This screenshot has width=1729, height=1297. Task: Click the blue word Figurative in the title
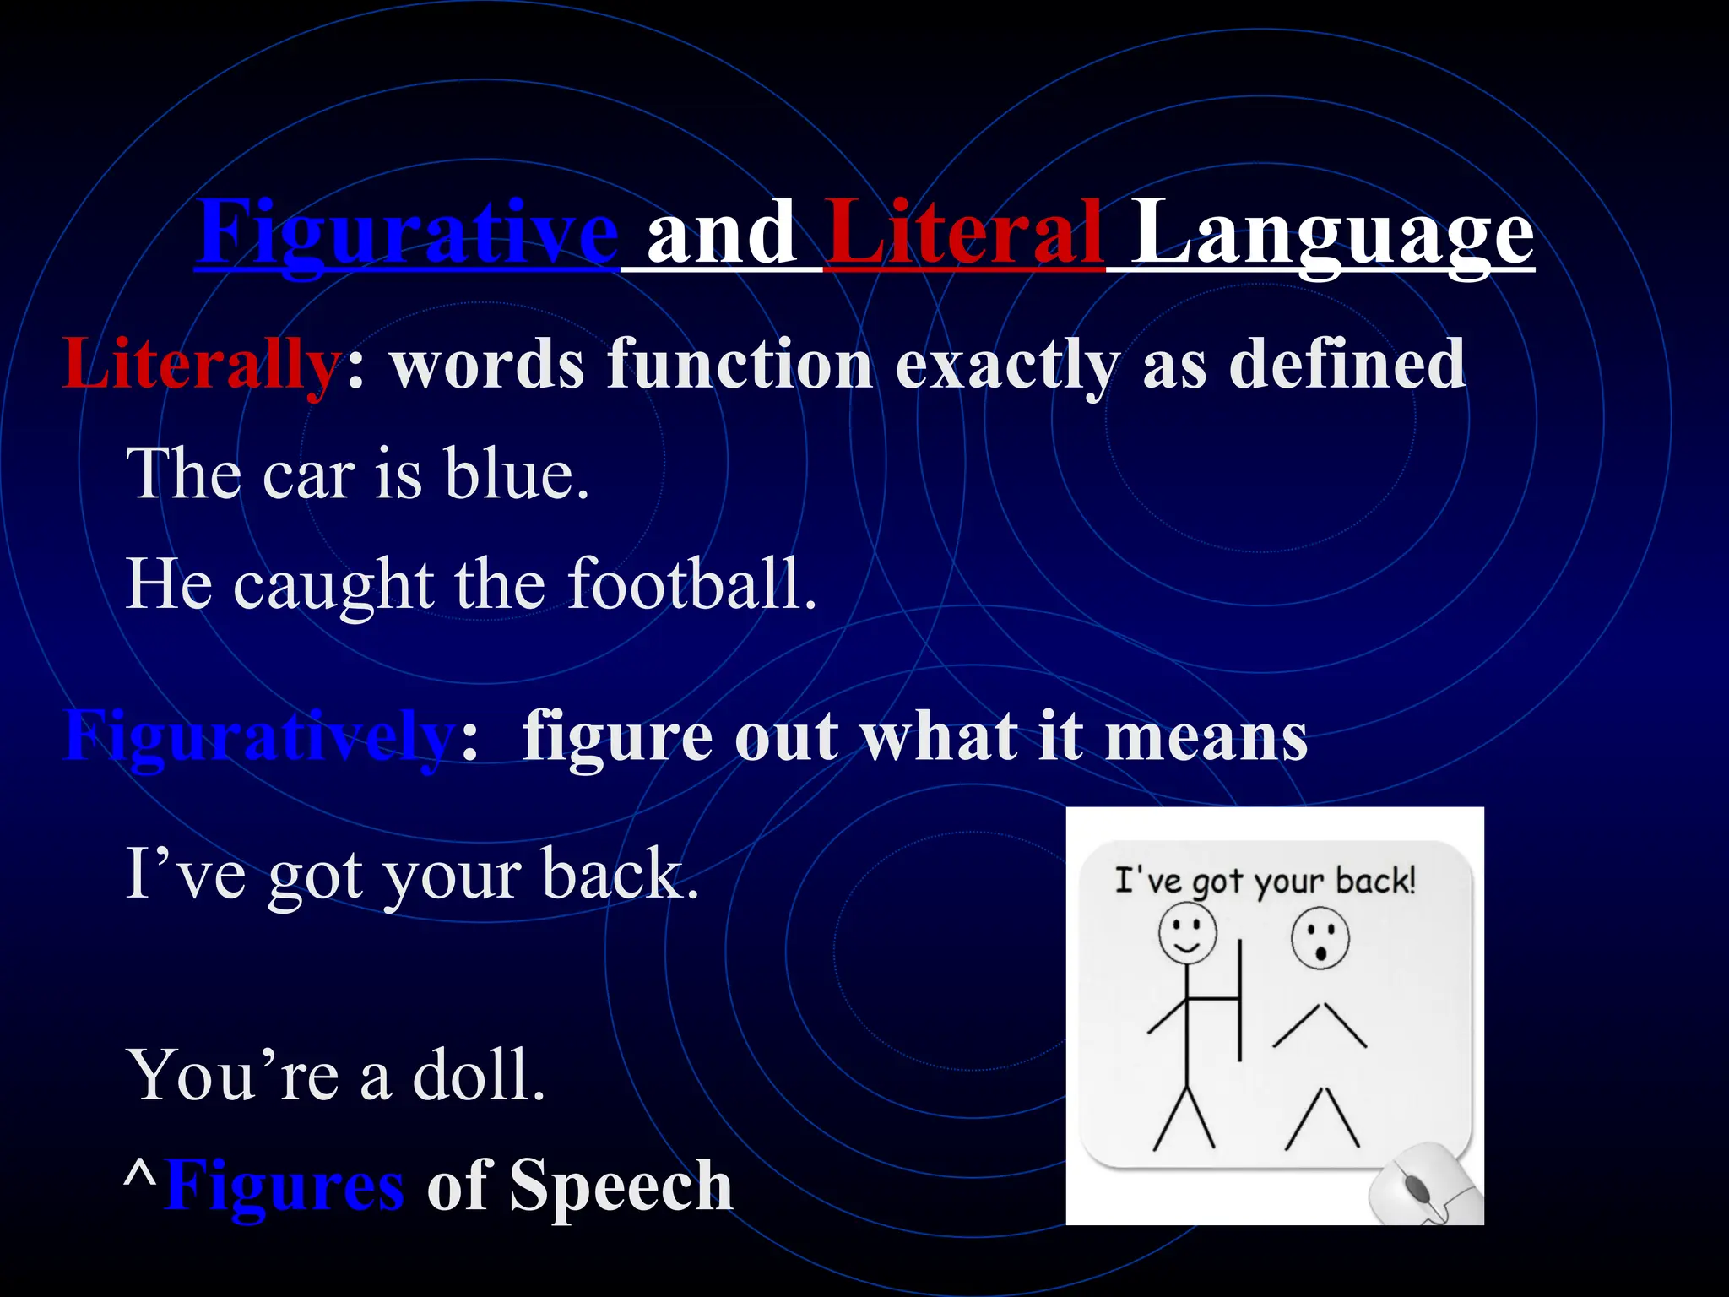click(x=408, y=232)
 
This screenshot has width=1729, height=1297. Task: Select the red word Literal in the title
click(x=965, y=232)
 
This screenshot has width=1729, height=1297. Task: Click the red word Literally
click(x=201, y=365)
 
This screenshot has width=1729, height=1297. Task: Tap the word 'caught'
click(x=333, y=586)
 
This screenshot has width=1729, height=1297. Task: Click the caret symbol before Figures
click(x=140, y=1175)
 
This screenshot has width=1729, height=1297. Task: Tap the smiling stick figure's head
click(x=1187, y=933)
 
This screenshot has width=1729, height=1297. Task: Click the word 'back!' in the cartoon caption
click(x=1375, y=881)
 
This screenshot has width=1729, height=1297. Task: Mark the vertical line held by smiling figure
click(x=1240, y=1001)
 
